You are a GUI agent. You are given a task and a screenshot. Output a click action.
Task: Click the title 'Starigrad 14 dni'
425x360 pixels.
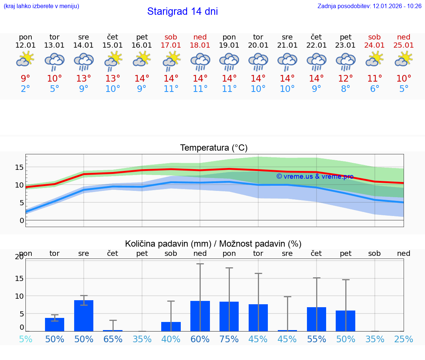(x=182, y=11)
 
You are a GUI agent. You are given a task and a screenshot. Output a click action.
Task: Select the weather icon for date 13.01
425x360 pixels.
(x=55, y=61)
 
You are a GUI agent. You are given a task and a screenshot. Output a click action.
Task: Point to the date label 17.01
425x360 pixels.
(x=171, y=45)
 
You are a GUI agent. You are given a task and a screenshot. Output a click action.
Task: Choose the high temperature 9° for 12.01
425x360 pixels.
(x=25, y=79)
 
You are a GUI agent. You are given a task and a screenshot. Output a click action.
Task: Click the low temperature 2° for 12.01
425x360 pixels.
(x=25, y=89)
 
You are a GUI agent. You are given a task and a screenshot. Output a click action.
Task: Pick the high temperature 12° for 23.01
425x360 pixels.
(x=346, y=79)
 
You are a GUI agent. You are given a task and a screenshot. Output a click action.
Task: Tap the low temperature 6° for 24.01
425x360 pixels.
(x=374, y=89)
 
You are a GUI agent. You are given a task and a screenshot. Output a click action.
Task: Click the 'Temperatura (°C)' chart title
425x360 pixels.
(x=214, y=148)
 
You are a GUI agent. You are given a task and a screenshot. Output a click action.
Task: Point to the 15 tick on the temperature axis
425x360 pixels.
(x=19, y=167)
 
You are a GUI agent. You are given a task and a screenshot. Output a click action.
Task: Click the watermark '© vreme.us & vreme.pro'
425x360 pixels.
(x=315, y=176)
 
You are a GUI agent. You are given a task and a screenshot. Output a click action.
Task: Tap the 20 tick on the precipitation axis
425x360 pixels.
(x=19, y=257)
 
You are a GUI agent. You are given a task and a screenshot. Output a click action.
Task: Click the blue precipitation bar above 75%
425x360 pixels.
(x=229, y=316)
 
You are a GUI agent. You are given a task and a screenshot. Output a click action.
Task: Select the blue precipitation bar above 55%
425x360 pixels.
(x=317, y=319)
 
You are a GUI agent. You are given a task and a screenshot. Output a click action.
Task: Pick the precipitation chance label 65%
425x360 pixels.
(x=113, y=339)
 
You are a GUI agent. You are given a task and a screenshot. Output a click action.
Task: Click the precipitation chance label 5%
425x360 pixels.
(x=25, y=339)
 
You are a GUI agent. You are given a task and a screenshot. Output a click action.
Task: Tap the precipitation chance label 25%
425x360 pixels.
(x=404, y=339)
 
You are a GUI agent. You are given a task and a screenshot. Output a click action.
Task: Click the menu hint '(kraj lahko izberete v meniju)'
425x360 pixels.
(x=41, y=6)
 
